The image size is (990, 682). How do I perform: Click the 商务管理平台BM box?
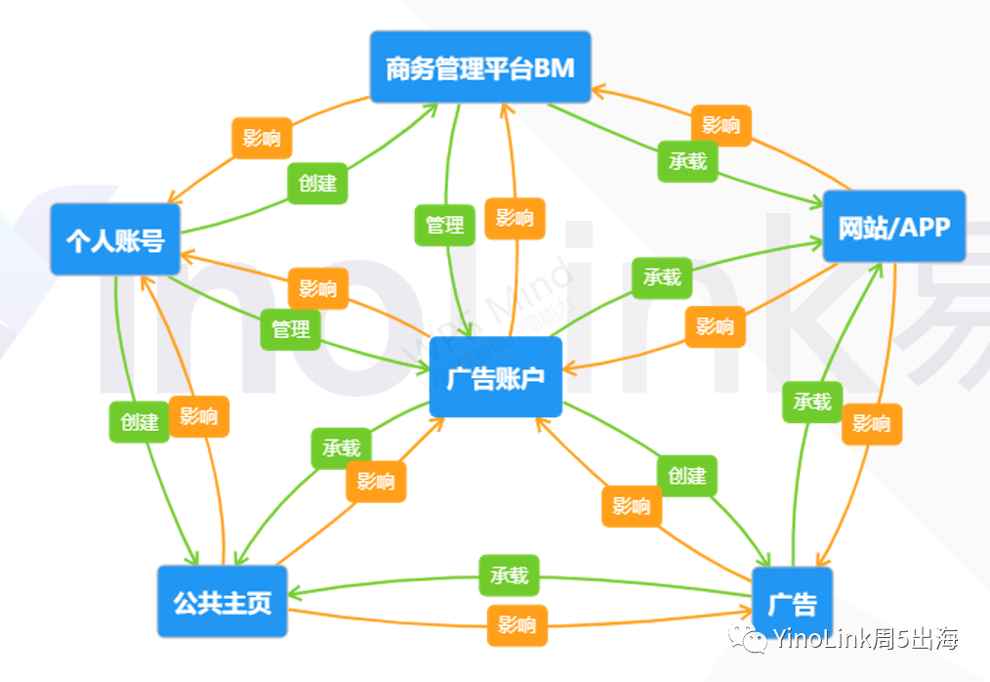point(480,68)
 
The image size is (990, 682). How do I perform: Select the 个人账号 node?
point(115,239)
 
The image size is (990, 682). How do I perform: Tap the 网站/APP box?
point(893,227)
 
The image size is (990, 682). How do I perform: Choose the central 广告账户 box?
point(496,377)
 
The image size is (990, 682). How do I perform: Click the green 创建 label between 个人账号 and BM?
point(317,184)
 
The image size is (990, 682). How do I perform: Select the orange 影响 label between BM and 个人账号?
point(262,138)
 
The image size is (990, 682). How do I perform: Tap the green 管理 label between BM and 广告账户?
point(445,225)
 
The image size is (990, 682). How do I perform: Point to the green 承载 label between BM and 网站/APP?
point(687,161)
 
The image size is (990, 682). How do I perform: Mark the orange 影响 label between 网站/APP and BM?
point(722,125)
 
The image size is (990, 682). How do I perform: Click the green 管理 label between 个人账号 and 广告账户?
point(291,328)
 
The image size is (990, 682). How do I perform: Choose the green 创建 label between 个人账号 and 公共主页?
point(139,422)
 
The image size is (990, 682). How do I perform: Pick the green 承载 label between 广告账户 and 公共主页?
point(341,448)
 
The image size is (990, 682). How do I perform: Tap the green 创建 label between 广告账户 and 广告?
point(687,475)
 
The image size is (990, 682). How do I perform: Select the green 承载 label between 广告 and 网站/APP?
point(812,402)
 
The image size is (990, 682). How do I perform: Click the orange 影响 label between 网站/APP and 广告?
point(872,424)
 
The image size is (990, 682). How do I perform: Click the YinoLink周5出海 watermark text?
point(864,639)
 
